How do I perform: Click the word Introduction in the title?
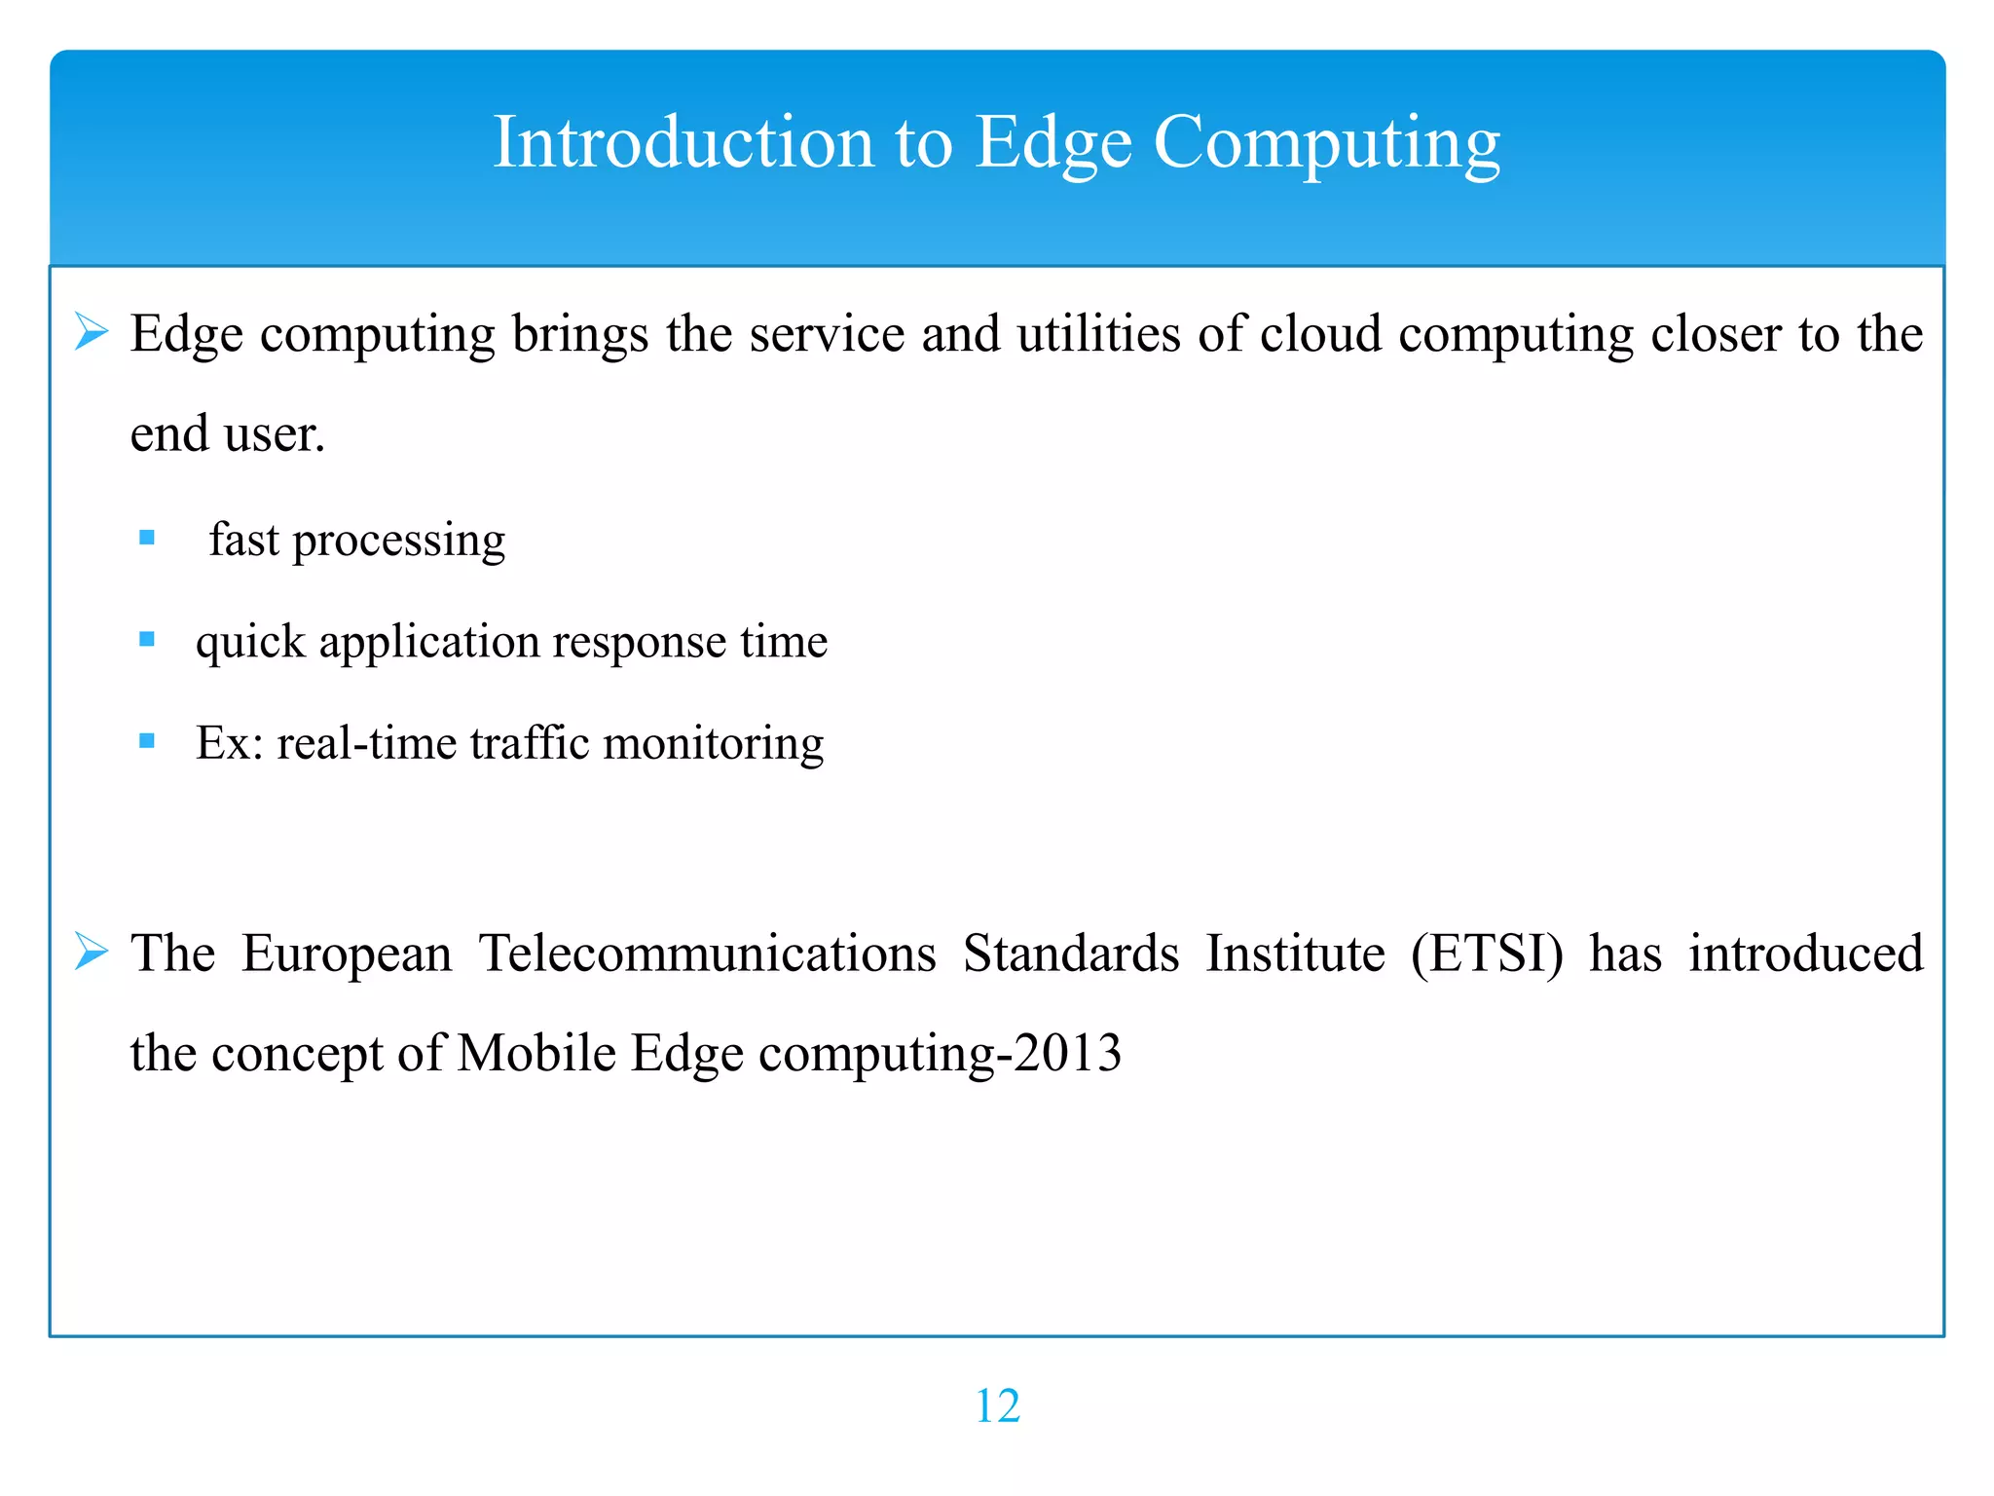(683, 142)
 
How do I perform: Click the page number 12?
(997, 1406)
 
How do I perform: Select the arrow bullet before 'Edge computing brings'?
(92, 333)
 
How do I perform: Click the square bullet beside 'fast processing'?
(147, 538)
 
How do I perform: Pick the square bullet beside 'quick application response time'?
(147, 640)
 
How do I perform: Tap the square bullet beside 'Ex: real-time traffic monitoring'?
(147, 741)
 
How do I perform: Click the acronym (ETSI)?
(1487, 954)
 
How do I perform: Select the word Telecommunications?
(707, 954)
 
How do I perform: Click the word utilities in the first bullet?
(1098, 334)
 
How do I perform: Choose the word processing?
(399, 542)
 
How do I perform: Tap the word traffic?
(530, 743)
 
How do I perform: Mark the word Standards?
(1071, 954)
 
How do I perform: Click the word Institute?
(1295, 954)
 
